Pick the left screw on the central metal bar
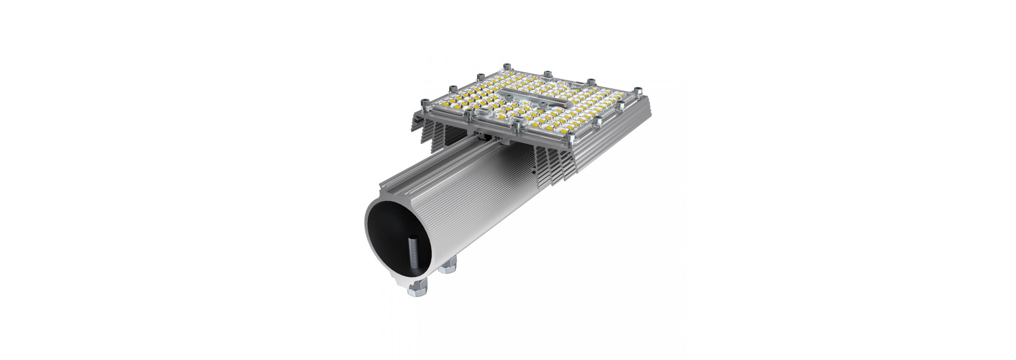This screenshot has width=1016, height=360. pyautogui.click(x=509, y=97)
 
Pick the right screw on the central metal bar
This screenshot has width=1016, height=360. pyautogui.click(x=542, y=104)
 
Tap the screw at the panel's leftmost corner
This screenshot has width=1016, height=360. pyautogui.click(x=425, y=102)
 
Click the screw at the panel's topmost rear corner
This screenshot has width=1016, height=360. pyautogui.click(x=507, y=66)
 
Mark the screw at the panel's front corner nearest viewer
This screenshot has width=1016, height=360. pyautogui.click(x=570, y=136)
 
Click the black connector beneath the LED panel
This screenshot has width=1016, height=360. pyautogui.click(x=487, y=137)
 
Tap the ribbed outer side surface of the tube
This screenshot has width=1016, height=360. pyautogui.click(x=476, y=212)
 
